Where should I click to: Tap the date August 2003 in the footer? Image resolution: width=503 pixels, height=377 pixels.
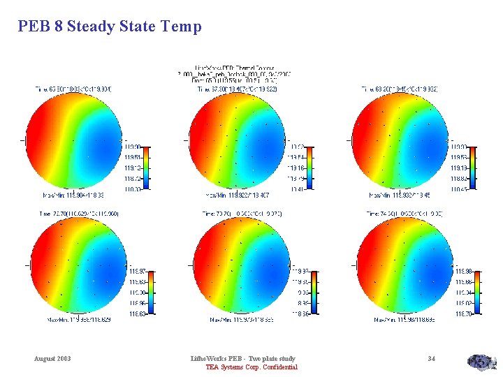click(x=52, y=359)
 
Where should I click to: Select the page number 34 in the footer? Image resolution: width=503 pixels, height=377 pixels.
click(x=432, y=359)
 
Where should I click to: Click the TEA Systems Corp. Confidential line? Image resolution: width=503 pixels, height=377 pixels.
click(x=251, y=367)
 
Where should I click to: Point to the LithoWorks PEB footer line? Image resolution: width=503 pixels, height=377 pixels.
click(x=244, y=359)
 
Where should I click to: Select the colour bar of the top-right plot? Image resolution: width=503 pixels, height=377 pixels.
click(x=474, y=168)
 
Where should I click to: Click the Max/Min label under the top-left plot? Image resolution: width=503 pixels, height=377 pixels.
click(x=79, y=195)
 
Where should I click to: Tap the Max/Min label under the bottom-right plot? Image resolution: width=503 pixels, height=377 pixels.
click(x=405, y=320)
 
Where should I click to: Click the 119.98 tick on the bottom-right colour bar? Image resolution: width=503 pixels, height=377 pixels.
click(x=464, y=271)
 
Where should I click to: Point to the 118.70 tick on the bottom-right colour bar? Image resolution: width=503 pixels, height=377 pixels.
click(x=464, y=315)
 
